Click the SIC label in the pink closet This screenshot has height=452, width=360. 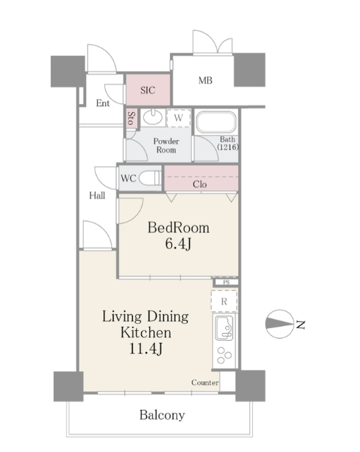click(148, 90)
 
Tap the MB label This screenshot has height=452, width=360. click(206, 80)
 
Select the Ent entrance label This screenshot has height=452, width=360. click(103, 103)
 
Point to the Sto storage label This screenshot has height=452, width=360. click(131, 118)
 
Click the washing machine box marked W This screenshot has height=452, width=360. click(178, 118)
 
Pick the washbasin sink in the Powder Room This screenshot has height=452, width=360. click(153, 117)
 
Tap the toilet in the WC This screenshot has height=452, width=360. click(150, 178)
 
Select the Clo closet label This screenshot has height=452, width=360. click(199, 184)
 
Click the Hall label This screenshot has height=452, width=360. click(97, 196)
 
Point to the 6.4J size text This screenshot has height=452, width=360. click(178, 244)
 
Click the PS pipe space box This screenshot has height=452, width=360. click(226, 282)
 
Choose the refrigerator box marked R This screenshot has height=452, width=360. click(224, 301)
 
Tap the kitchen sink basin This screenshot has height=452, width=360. click(225, 328)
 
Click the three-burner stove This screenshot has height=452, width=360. click(225, 356)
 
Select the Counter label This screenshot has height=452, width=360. click(205, 382)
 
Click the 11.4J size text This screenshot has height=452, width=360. click(146, 349)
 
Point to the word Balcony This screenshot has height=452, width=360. click(162, 415)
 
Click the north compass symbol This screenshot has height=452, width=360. click(280, 324)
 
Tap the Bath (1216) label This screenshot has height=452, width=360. click(228, 143)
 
